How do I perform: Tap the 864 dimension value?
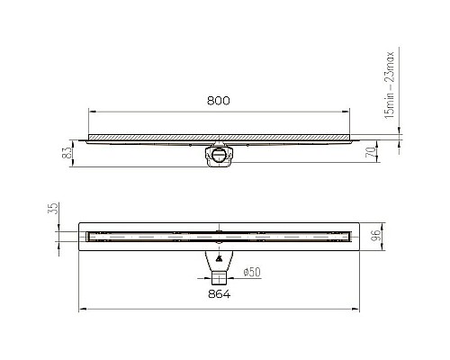[x=220, y=293]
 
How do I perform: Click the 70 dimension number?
[x=371, y=155]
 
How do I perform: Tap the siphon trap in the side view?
[x=220, y=153]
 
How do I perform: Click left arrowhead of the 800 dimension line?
[x=90, y=112]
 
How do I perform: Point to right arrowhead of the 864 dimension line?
[x=359, y=309]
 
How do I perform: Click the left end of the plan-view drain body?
[x=82, y=237]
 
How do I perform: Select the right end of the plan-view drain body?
[x=357, y=237]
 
